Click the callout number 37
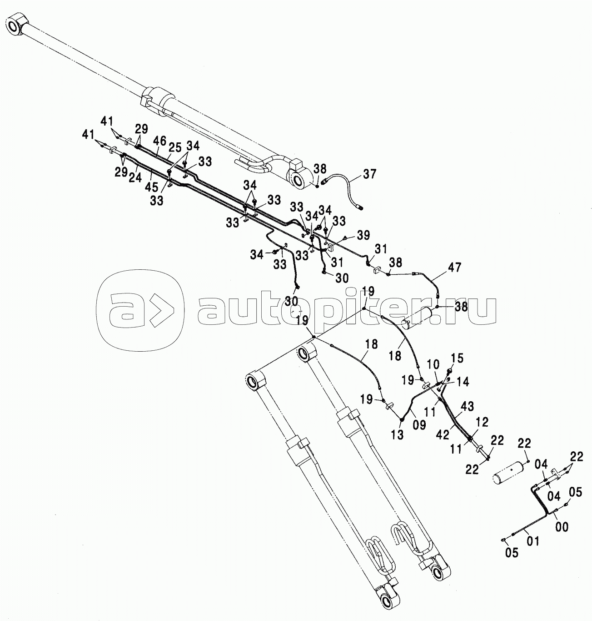pos(369,174)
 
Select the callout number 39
pos(363,235)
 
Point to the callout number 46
pos(159,141)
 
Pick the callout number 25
pos(175,147)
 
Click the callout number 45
pos(151,187)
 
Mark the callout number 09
pos(419,425)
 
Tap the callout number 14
pos(463,382)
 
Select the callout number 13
pos(398,434)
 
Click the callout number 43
pos(467,406)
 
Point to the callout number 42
pos(443,434)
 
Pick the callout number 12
pos(482,422)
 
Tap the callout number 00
pos(562,526)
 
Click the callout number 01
pos(533,541)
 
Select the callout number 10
pos(433,364)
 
